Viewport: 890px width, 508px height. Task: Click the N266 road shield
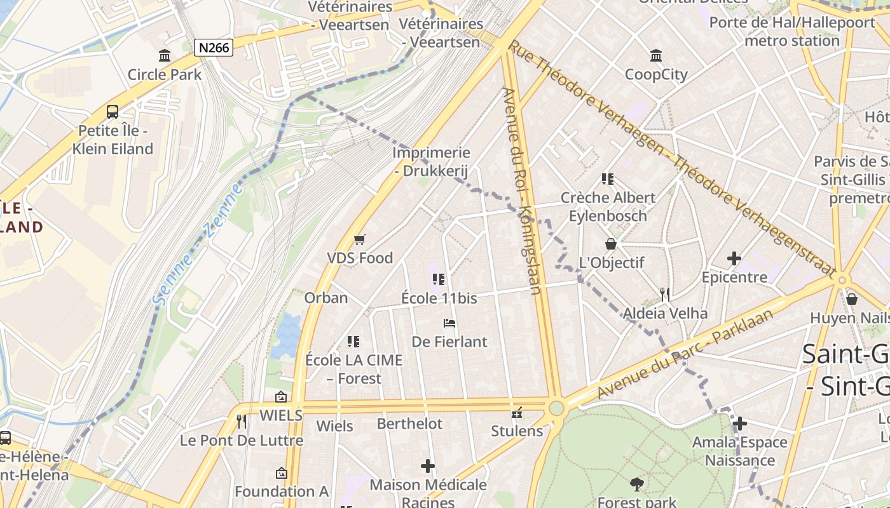[x=214, y=47]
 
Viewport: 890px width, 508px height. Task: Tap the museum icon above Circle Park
[x=165, y=56]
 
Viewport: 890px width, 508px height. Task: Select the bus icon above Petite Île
[x=113, y=112]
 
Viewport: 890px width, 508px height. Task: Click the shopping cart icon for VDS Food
[x=360, y=239]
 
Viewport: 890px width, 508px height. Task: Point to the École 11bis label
[x=439, y=298]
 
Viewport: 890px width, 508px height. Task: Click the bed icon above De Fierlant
[x=449, y=323]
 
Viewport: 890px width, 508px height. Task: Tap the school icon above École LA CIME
[x=353, y=342]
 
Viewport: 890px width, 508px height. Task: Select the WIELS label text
[x=281, y=415]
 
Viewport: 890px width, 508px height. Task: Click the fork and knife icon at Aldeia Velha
[x=665, y=294]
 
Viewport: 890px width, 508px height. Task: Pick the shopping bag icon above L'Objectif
[x=611, y=244]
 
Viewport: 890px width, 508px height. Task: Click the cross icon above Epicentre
[x=734, y=258]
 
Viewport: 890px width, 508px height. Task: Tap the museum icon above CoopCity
[x=656, y=56]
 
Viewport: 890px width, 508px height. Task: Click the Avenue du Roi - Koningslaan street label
[x=522, y=190]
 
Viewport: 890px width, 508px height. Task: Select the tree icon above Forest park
[x=637, y=485]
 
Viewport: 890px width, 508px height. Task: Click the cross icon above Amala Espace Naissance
[x=740, y=424]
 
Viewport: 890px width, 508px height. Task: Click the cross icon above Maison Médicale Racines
[x=428, y=467]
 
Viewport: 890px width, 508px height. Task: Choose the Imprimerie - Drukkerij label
[x=431, y=161]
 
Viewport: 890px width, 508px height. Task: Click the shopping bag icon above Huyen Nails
[x=852, y=298]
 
